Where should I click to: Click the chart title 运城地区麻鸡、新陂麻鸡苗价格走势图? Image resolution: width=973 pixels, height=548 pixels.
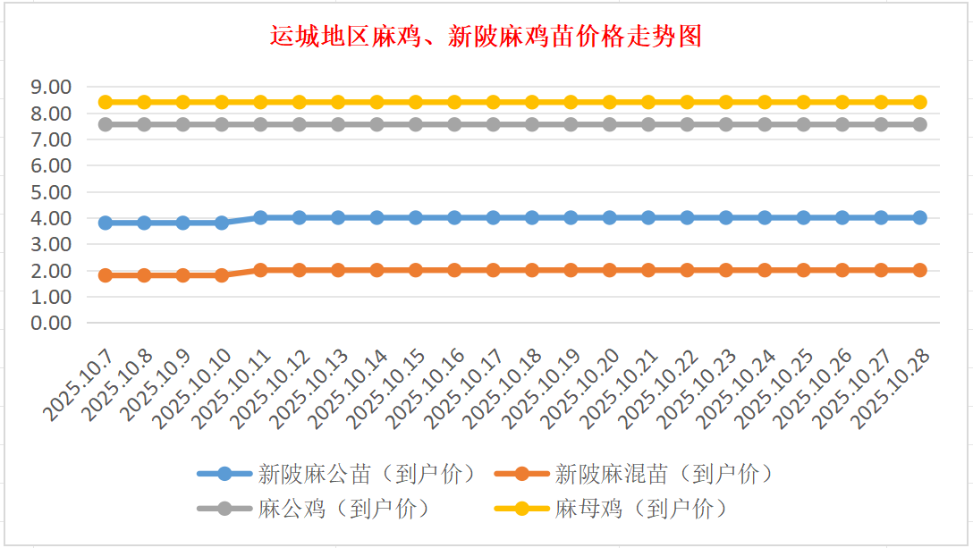tap(486, 37)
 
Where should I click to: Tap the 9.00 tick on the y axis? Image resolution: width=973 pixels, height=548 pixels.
tap(50, 87)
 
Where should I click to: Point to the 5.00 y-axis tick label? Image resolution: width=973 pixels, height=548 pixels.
tap(50, 192)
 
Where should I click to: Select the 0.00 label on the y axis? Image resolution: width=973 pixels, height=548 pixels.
tap(50, 323)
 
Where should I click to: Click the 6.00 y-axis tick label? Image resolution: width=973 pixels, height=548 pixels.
tap(50, 165)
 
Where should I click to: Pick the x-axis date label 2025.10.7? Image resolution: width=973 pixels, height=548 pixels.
tap(80, 384)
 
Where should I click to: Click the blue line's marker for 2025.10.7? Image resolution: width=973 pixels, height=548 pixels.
tap(106, 223)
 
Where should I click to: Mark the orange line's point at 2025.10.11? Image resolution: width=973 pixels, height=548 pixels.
tap(260, 270)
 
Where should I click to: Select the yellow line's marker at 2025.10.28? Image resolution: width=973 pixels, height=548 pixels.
tap(919, 102)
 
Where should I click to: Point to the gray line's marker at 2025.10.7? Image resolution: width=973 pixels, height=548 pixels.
tap(106, 124)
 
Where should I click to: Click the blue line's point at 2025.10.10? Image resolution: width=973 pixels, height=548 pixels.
tap(222, 223)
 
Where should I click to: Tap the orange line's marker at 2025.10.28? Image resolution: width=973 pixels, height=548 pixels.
tap(919, 270)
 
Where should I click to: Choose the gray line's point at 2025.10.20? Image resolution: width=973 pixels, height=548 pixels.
tap(609, 124)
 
